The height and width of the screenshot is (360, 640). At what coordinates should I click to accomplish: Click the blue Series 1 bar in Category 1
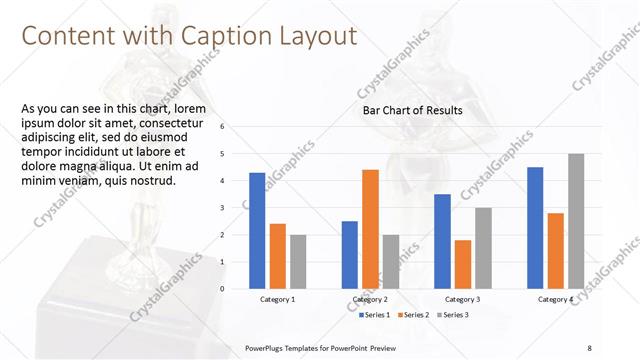[x=257, y=231]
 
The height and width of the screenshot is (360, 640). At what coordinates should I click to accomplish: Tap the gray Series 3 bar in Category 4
[x=576, y=221]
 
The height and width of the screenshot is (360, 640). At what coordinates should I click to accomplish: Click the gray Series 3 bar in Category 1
[x=298, y=262]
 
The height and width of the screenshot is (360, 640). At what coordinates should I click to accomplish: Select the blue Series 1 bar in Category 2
[x=350, y=255]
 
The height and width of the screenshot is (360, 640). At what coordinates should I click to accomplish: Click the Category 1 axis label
[x=277, y=299]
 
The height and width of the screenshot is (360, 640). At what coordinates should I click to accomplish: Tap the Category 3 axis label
[x=463, y=299]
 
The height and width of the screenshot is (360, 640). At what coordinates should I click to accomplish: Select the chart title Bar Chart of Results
[x=411, y=110]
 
